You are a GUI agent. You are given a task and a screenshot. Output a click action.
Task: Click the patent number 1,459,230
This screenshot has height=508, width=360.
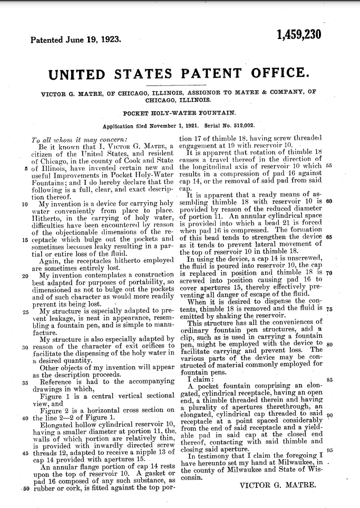pos(298,35)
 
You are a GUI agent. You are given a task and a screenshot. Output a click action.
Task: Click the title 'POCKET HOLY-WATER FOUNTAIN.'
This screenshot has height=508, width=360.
pos(180,113)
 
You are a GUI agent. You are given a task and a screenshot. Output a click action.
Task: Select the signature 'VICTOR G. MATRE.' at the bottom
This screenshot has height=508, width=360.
pos(277,485)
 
